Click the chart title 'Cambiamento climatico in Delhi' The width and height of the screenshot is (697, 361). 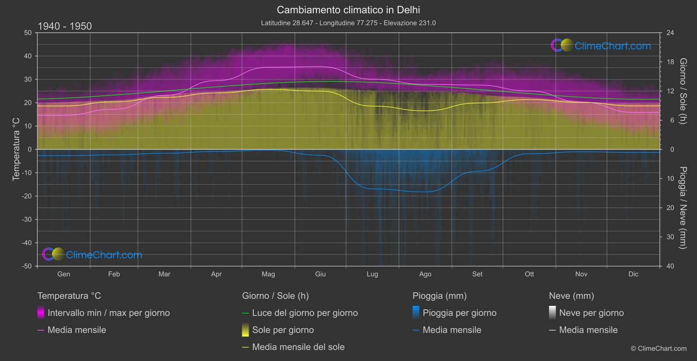348,10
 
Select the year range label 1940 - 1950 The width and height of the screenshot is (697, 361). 65,26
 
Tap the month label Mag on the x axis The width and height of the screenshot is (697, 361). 268,274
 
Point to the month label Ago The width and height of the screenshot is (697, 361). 425,274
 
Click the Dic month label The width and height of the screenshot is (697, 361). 633,274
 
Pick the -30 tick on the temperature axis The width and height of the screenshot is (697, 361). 27,220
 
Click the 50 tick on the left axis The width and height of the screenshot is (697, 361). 28,33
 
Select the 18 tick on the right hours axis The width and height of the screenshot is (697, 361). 670,62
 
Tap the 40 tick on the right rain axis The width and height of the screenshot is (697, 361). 670,266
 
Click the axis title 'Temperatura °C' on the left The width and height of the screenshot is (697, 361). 16,149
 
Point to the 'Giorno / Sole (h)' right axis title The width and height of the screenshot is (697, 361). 683,91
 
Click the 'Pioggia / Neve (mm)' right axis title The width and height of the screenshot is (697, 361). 683,208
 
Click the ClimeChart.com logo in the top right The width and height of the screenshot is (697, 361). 601,46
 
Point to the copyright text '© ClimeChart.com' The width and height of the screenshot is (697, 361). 658,349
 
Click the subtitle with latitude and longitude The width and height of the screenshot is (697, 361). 348,23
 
